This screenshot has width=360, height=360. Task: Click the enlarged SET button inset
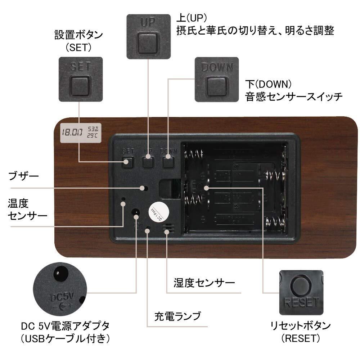(x=80, y=79)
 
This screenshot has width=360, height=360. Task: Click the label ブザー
(x=23, y=177)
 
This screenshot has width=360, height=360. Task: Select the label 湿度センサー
(x=204, y=282)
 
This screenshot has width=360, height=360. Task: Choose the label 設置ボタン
(x=78, y=35)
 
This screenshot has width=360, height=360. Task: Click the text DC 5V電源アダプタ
(x=65, y=327)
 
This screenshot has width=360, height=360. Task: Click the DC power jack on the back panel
(x=136, y=213)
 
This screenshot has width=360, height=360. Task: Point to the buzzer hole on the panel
(x=145, y=188)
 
